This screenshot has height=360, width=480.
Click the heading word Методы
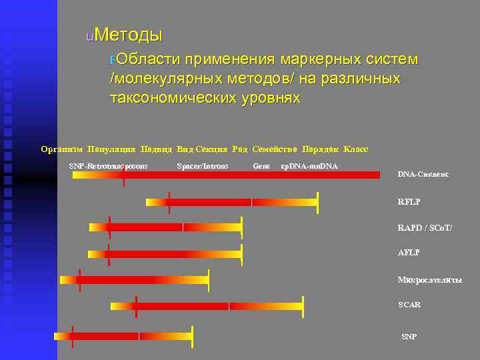[x=129, y=34]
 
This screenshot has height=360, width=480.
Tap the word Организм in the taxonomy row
[x=62, y=149]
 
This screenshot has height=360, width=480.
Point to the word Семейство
[x=275, y=149]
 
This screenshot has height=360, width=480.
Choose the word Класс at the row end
[x=355, y=149]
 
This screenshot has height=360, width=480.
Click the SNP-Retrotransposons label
[x=109, y=165]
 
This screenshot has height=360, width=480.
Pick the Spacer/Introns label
[x=203, y=165]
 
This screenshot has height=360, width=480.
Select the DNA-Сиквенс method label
[x=423, y=174]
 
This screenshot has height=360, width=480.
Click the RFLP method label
[x=409, y=201]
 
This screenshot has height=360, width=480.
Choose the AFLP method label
[x=409, y=253]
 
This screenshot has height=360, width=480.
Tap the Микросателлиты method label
[x=429, y=280]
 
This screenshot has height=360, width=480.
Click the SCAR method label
[x=409, y=305]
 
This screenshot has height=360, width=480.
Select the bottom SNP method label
[x=409, y=337]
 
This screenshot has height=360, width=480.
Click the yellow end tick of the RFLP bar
[x=318, y=202]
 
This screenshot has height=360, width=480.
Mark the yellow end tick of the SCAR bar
[x=303, y=306]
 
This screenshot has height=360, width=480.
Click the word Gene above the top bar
[x=261, y=165]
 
